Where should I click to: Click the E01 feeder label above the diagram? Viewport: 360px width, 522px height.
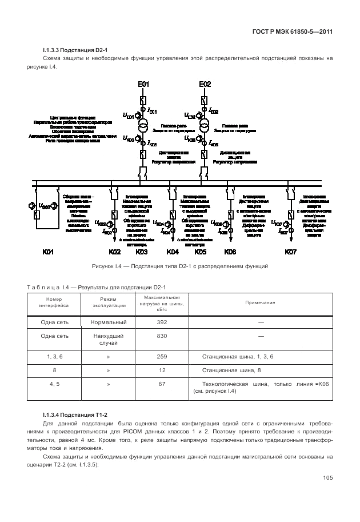[143, 85]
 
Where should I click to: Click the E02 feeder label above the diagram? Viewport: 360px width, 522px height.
[205, 85]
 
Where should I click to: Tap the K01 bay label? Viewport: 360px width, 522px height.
[48, 252]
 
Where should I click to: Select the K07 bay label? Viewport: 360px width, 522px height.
[291, 252]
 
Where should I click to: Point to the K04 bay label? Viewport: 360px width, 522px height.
[173, 252]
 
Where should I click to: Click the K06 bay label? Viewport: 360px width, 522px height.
[230, 252]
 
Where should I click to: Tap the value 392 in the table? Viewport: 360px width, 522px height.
[162, 322]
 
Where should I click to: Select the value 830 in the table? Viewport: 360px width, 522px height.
[162, 336]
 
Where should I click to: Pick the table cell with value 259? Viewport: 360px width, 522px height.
[162, 357]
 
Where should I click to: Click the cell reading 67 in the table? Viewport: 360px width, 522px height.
[162, 384]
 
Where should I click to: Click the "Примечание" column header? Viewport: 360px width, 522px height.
[260, 302]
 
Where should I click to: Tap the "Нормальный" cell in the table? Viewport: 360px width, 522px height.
[108, 322]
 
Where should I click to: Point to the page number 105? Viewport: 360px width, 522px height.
[327, 478]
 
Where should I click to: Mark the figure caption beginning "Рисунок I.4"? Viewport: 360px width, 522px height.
[180, 266]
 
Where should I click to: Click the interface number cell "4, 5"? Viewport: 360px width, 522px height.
[55, 384]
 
